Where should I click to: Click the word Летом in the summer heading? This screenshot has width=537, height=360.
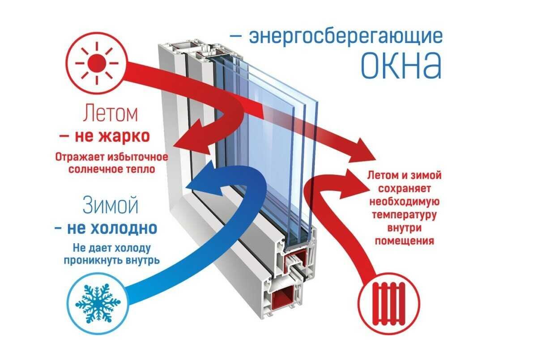tap(110, 115)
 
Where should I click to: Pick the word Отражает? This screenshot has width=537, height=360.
tap(80, 158)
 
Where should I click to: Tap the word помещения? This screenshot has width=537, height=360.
tap(405, 241)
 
